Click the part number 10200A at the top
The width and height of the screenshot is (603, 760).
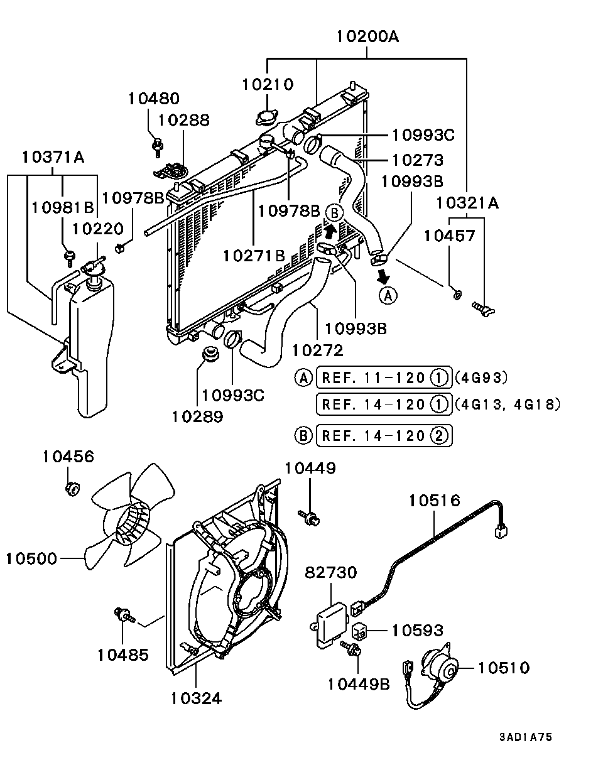tap(367, 36)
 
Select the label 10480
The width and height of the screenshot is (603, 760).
tap(154, 99)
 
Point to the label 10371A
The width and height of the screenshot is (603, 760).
tap(53, 157)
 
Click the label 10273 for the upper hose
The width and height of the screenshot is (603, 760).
tap(418, 160)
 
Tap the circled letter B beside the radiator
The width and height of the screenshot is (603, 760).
tap(334, 213)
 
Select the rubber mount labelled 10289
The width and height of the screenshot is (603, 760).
tap(210, 354)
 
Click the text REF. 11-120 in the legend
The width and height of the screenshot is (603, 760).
tap(373, 378)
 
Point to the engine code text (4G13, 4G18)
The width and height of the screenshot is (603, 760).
tap(508, 404)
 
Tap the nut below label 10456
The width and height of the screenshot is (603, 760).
tap(73, 489)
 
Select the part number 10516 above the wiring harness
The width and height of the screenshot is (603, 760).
tap(435, 501)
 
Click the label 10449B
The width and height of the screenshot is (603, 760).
tap(359, 685)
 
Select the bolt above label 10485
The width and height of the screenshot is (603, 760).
tap(124, 614)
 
